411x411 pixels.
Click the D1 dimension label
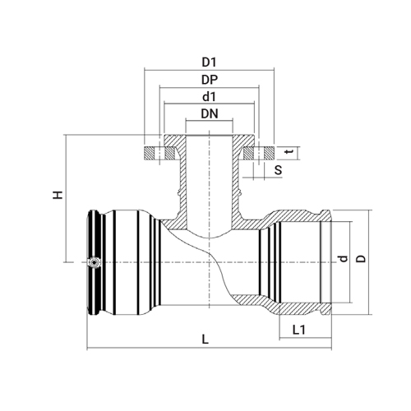209,62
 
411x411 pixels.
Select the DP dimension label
210,80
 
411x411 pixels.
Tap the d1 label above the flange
209,97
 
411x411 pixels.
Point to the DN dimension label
210,113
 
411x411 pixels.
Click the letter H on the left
58,195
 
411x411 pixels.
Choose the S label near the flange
278,170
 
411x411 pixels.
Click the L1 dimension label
299,330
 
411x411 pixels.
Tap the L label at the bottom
205,339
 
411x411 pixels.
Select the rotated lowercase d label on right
343,258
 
